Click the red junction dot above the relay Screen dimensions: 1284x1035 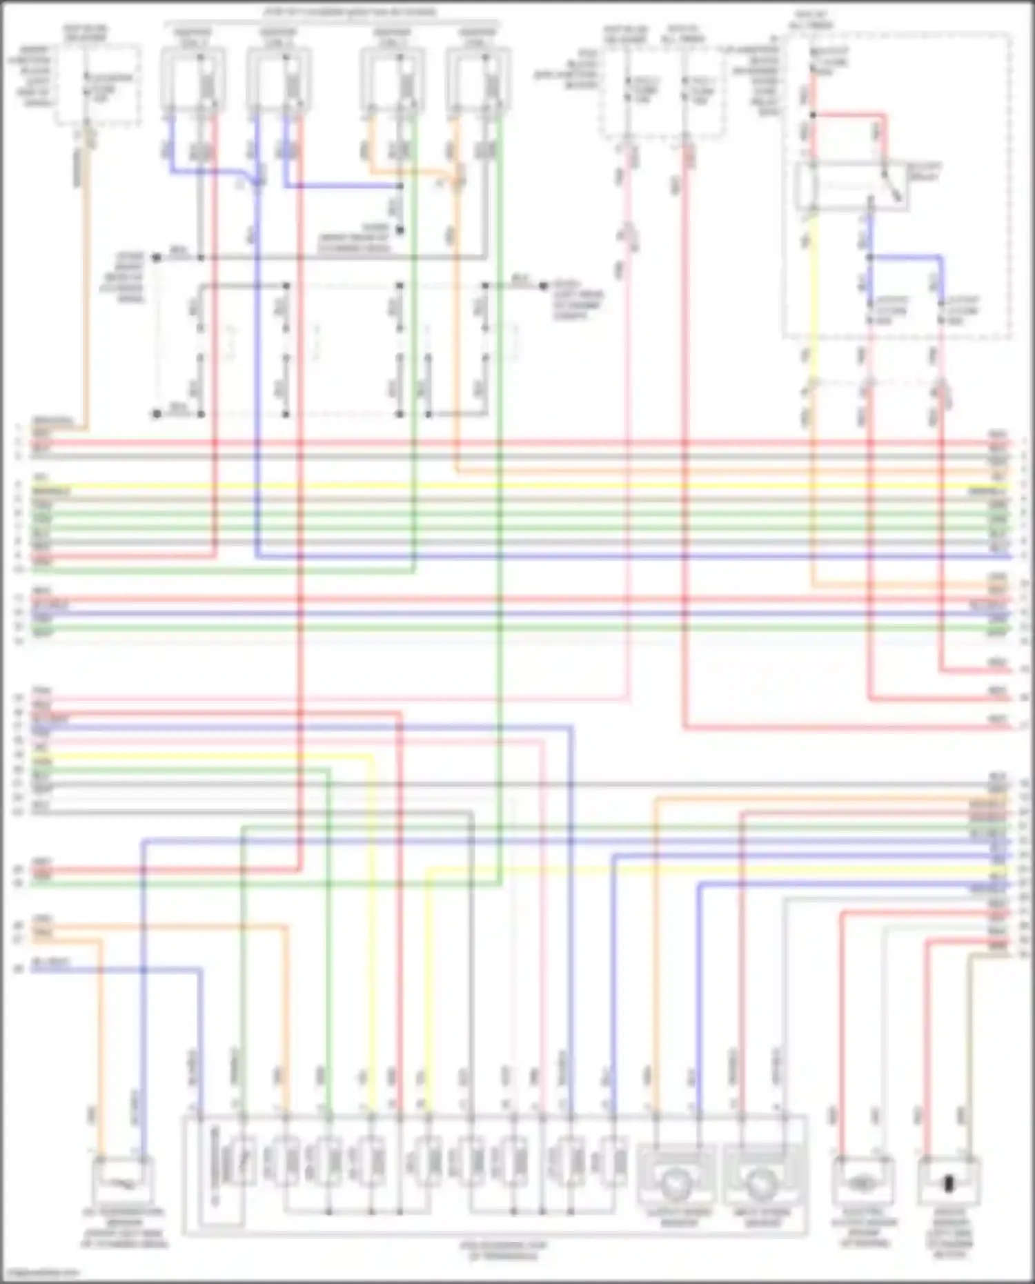[x=813, y=115]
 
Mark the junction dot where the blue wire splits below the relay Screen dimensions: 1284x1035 [x=870, y=257]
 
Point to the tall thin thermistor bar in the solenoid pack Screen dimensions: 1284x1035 [x=215, y=1166]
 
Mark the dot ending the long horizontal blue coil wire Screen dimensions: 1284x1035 [x=400, y=186]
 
